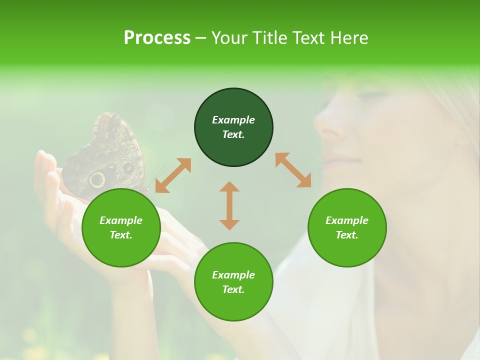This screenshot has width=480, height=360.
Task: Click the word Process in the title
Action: tap(157, 38)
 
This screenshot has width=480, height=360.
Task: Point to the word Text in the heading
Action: tap(308, 38)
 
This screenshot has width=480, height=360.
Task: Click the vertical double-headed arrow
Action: tap(229, 206)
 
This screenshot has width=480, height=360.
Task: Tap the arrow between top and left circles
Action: tap(173, 175)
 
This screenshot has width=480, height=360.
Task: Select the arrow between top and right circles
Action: tap(293, 170)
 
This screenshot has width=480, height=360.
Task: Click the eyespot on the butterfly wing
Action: tap(97, 178)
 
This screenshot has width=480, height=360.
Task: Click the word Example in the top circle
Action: tap(233, 120)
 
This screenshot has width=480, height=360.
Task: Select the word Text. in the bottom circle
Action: tap(233, 289)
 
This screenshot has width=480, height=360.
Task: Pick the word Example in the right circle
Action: tap(347, 220)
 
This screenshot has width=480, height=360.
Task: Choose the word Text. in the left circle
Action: tap(121, 235)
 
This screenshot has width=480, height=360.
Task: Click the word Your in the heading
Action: tap(228, 38)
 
